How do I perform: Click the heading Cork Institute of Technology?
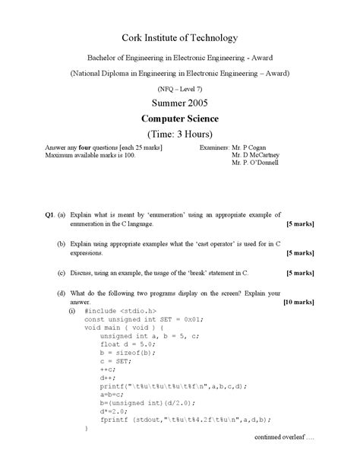(179, 38)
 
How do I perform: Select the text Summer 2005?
(179, 102)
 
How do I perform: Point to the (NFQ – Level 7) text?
(179, 87)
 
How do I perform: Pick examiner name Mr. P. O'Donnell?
(255, 162)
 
